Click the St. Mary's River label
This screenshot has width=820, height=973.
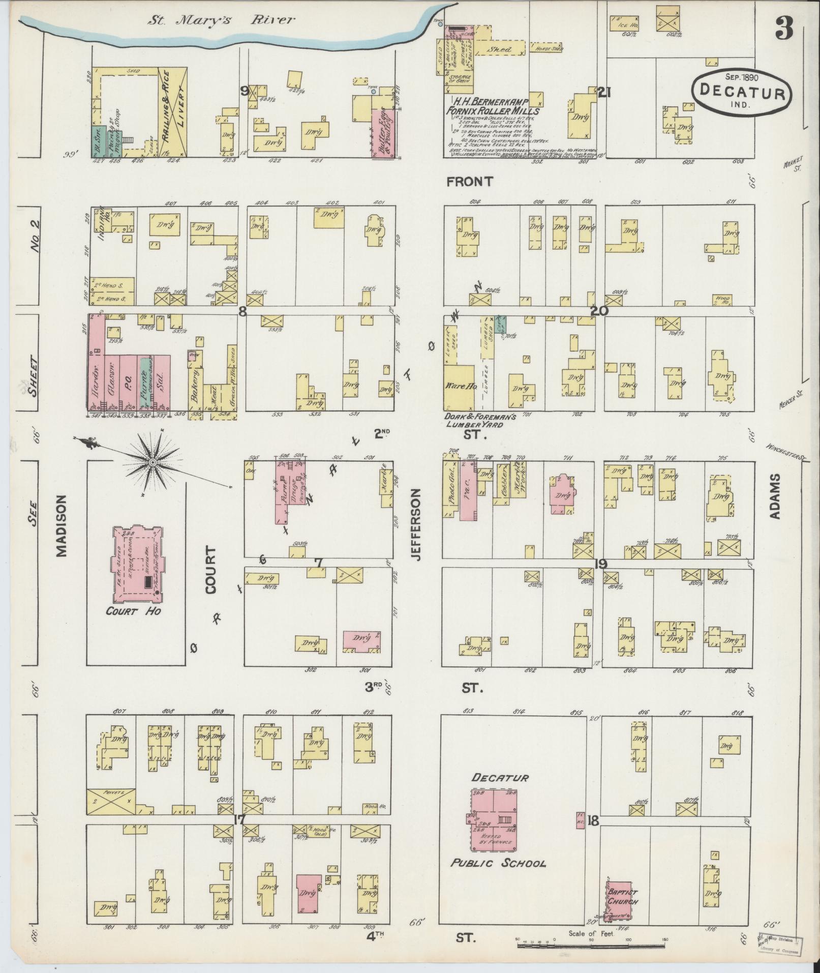pyautogui.click(x=221, y=20)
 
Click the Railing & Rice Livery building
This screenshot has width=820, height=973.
pyautogui.click(x=173, y=111)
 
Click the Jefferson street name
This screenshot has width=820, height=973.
pyautogui.click(x=416, y=525)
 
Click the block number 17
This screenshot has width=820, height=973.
pyautogui.click(x=239, y=820)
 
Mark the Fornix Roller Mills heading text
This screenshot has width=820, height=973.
pyautogui.click(x=492, y=111)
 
